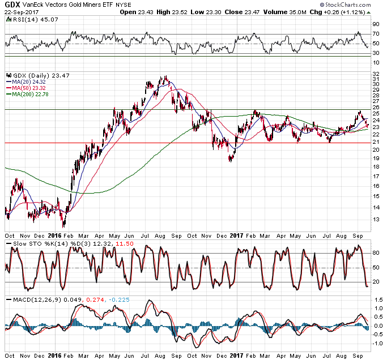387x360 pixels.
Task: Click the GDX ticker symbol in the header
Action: pyautogui.click(x=12, y=5)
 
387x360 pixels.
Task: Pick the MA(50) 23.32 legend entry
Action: pyautogui.click(x=33, y=88)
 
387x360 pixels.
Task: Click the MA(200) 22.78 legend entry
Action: pyautogui.click(x=35, y=95)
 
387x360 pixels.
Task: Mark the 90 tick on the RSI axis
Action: pyautogui.click(x=376, y=25)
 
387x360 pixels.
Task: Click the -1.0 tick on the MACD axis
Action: pyautogui.click(x=377, y=343)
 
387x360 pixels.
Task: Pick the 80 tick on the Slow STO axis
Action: pyautogui.click(x=376, y=254)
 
